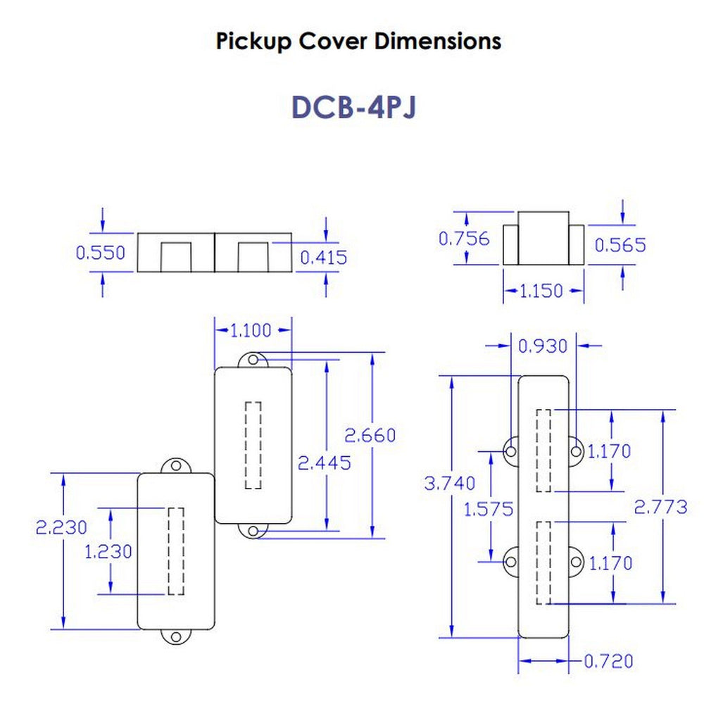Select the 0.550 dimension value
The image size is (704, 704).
click(x=100, y=252)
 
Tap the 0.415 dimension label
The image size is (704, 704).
click(x=324, y=257)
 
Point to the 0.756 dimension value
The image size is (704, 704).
click(x=464, y=239)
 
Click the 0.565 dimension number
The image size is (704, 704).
click(x=620, y=245)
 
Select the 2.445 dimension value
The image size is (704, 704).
click(x=325, y=463)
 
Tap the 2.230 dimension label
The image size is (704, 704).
click(x=61, y=527)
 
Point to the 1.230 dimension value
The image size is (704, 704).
click(x=108, y=551)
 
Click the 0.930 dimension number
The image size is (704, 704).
click(x=542, y=346)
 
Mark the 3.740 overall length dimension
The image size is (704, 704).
click(x=450, y=483)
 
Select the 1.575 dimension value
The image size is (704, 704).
click(x=488, y=508)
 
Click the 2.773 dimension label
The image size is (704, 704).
click(x=660, y=506)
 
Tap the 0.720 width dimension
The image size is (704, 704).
click(x=608, y=661)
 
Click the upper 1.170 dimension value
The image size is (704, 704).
click(x=610, y=451)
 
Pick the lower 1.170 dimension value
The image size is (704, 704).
click(x=610, y=563)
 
